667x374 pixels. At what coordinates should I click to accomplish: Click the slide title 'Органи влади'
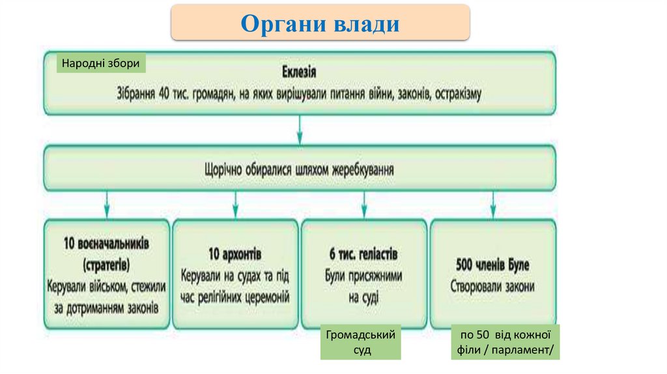click(x=320, y=23)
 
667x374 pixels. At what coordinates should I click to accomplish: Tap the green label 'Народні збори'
click(x=101, y=63)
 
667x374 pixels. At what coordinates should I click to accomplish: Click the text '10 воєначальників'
click(x=106, y=244)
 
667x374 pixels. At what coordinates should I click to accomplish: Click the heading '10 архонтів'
click(x=235, y=253)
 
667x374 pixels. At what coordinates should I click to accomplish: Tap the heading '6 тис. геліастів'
click(x=363, y=253)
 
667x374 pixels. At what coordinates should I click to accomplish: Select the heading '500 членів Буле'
click(x=493, y=265)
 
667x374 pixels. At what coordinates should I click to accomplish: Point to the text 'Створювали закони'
click(x=493, y=286)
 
